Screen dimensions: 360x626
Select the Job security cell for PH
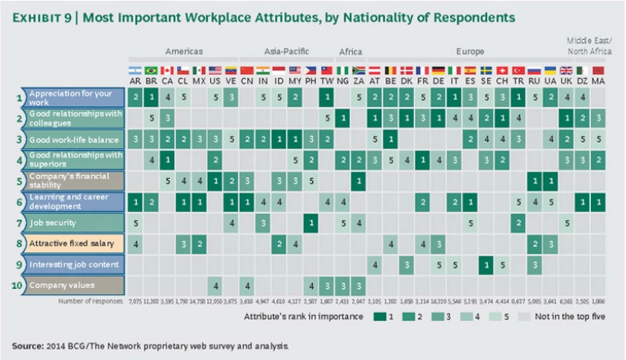pos(311,222)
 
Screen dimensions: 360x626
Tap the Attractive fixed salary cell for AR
pos(135,243)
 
